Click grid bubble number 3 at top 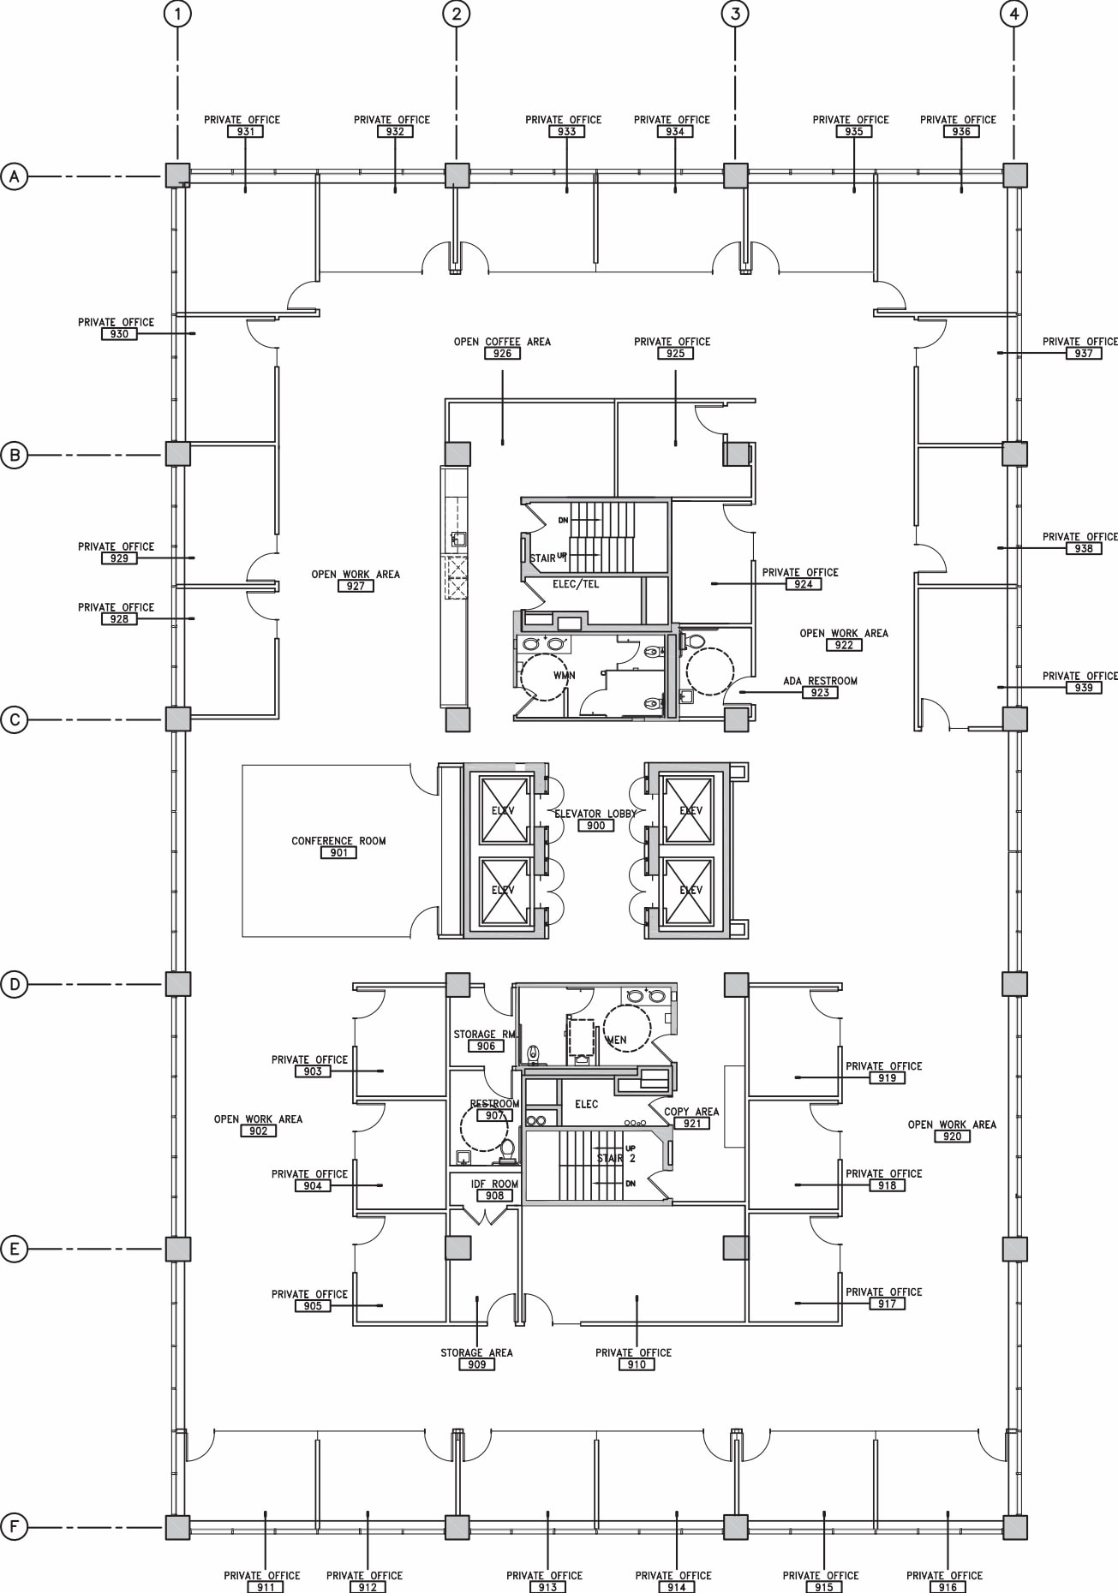pos(735,14)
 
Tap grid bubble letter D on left pos(14,985)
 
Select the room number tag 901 pos(338,853)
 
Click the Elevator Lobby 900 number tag pos(596,826)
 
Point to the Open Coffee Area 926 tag pos(502,354)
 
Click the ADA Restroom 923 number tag pos(820,693)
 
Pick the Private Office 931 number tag pos(245,132)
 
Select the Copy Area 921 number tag pos(692,1124)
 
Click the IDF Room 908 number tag pos(494,1196)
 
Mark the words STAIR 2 pos(616,1159)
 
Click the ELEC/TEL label pos(576,584)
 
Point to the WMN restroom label pos(564,675)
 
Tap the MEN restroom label pos(616,1040)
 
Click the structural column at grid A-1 pos(177,176)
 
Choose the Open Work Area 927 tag pos(356,587)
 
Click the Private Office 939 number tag pos(1083,688)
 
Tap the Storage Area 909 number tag pos(476,1364)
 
